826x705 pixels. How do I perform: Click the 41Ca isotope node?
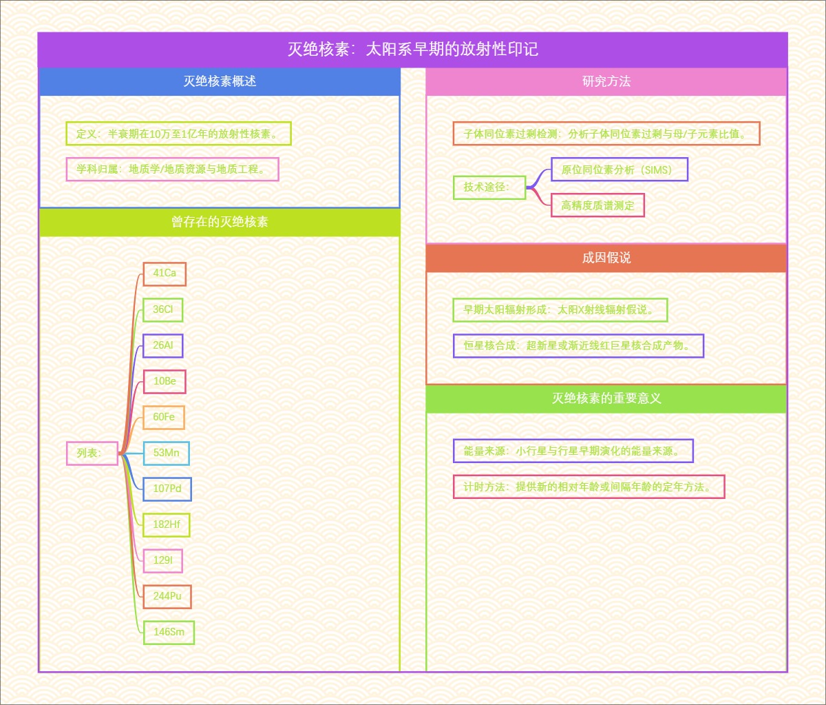tap(165, 274)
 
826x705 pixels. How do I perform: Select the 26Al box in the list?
tap(163, 345)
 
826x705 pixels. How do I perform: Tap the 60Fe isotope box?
tap(164, 417)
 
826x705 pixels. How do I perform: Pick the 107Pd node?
tap(167, 489)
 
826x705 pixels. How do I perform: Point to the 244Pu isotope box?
tap(167, 596)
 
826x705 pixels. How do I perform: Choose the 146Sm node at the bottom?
tap(169, 632)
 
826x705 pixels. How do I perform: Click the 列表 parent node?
tap(92, 453)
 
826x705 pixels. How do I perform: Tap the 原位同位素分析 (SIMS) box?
tap(619, 170)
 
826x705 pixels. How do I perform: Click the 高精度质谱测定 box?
tap(597, 205)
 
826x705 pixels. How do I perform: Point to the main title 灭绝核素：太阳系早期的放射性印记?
tap(412, 50)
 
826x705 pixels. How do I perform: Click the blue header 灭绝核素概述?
tap(220, 81)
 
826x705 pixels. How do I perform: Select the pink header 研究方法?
tap(606, 81)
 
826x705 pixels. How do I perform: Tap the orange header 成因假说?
tap(606, 258)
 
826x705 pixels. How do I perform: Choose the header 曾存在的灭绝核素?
tap(220, 222)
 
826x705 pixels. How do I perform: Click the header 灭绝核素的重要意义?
tap(606, 398)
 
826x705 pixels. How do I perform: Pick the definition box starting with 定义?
tap(178, 134)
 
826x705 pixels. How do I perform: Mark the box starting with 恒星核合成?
tap(578, 345)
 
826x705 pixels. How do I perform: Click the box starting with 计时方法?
tap(589, 487)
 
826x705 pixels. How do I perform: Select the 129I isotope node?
tap(163, 560)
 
